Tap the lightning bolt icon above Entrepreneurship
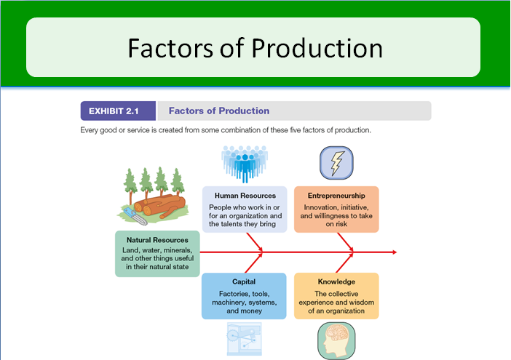(336, 163)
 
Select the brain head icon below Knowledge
(336, 341)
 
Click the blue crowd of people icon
(245, 164)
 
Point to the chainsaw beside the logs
(135, 216)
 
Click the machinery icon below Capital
(245, 339)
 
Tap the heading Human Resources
(245, 196)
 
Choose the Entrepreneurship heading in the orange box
(336, 196)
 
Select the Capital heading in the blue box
(244, 281)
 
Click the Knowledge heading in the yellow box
(336, 282)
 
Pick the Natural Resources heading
(157, 240)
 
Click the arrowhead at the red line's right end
(395, 252)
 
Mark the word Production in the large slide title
(317, 48)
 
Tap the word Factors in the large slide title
(170, 48)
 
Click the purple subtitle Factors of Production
(219, 111)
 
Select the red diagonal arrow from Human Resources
(255, 242)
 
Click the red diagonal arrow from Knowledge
(345, 263)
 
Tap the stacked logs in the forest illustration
(160, 206)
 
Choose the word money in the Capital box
(251, 311)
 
